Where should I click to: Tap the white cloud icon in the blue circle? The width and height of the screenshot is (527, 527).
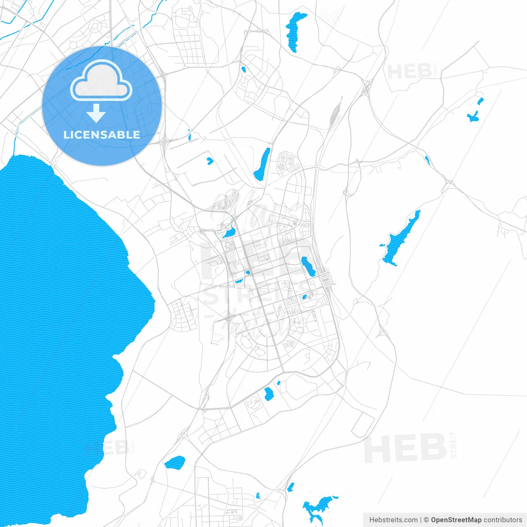click(101, 81)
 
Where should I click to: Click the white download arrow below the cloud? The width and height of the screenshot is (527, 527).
click(96, 113)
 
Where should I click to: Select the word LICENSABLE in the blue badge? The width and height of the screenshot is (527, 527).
click(102, 135)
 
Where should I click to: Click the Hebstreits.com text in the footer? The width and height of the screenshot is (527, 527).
click(393, 520)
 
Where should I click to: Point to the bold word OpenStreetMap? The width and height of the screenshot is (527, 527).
click(456, 520)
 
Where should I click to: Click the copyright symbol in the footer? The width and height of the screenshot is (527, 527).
click(426, 520)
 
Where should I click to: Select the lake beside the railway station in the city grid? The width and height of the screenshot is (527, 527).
click(308, 266)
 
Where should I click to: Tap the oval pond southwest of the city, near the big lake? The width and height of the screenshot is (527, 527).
click(175, 463)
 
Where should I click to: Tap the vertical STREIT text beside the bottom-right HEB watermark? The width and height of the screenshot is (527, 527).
click(453, 445)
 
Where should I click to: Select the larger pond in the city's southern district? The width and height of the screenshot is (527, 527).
click(269, 394)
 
